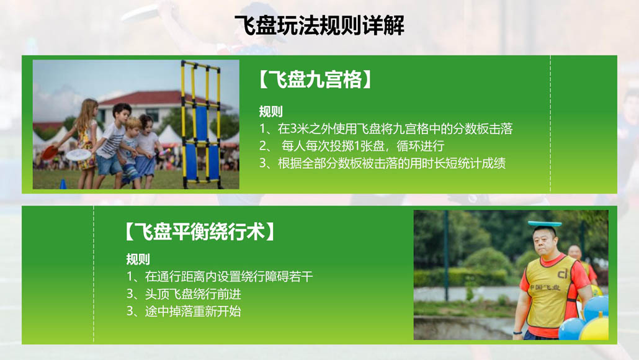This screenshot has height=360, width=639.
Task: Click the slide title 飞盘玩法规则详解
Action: (319, 25)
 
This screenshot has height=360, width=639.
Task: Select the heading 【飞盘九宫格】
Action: (315, 79)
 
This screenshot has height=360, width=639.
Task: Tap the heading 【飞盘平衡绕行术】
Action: (200, 232)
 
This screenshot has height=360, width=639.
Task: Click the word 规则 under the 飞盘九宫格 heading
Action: (270, 111)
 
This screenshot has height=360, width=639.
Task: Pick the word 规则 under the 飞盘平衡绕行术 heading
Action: (138, 259)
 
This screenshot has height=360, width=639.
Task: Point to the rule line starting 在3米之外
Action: (386, 129)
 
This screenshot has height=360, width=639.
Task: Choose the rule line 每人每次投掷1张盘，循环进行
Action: (352, 146)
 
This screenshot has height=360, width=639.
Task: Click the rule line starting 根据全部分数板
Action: (383, 163)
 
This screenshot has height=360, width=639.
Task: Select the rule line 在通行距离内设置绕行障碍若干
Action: (220, 277)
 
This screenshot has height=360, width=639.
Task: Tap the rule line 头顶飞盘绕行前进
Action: (184, 294)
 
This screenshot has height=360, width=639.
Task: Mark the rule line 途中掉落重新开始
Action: (184, 311)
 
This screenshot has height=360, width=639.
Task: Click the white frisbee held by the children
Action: (78, 155)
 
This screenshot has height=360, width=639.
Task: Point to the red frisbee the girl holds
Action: (49, 153)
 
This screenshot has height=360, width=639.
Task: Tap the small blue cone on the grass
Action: (63, 184)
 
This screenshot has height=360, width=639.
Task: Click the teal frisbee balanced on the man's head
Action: (545, 223)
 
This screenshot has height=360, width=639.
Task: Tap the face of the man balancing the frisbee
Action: (545, 242)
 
